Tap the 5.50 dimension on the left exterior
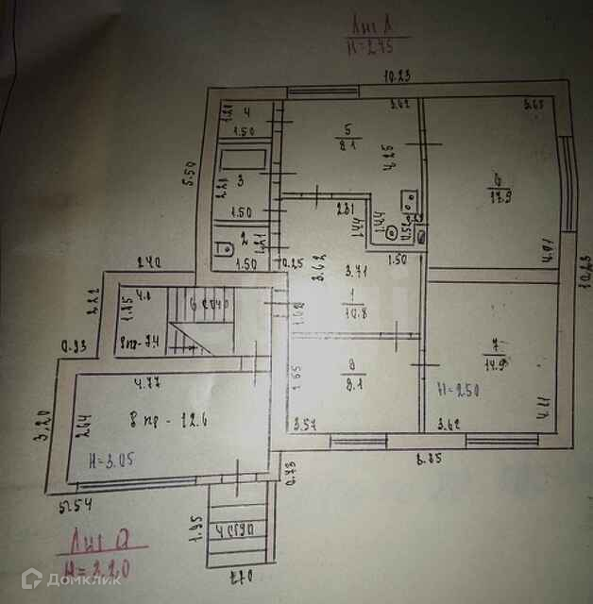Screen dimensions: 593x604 tap(189, 176)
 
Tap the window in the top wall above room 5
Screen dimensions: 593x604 tap(322, 92)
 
